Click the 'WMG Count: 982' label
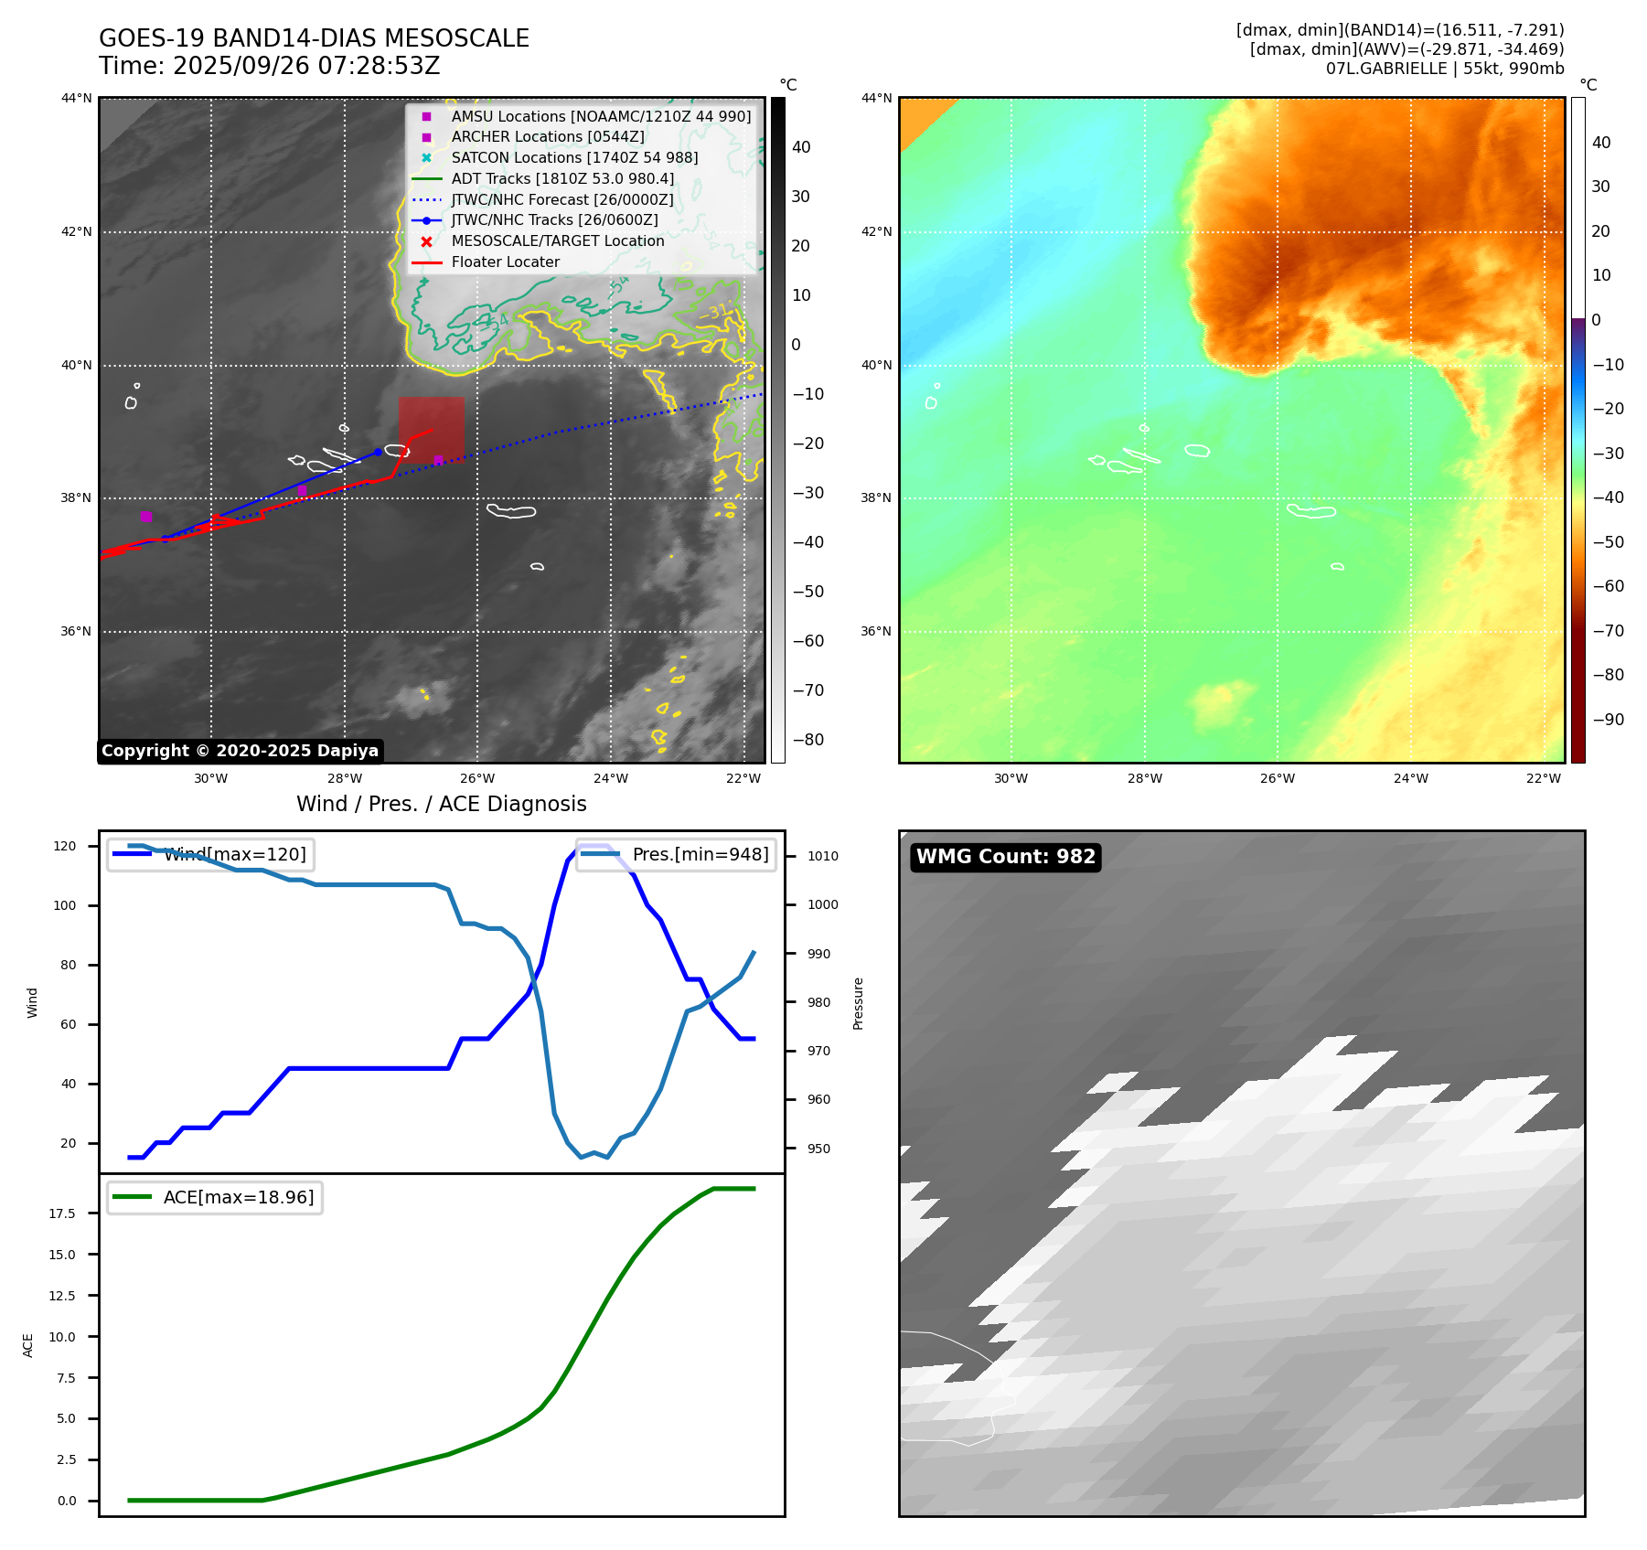[x=1005, y=857]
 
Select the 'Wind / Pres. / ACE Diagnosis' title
[x=441, y=804]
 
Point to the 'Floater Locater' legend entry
[x=505, y=262]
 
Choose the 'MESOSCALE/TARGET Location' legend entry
[x=557, y=241]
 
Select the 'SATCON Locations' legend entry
[x=573, y=157]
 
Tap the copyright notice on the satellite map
[x=240, y=751]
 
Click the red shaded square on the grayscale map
[x=431, y=427]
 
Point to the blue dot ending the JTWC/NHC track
[x=378, y=452]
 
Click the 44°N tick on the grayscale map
[x=77, y=98]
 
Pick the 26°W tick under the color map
[x=1277, y=778]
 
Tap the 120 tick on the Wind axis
[x=66, y=846]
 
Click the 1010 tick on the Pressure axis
[x=822, y=856]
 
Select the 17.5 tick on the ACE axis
[x=62, y=1213]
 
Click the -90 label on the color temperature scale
[x=1608, y=720]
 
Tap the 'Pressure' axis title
[x=858, y=1003]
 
